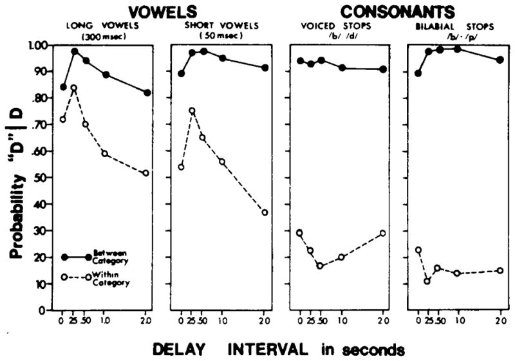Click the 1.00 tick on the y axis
(41, 46)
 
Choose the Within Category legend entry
(95, 277)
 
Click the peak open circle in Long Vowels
(75, 88)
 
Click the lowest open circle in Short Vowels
(265, 212)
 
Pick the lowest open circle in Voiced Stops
(320, 266)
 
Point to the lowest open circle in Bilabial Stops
(427, 281)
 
